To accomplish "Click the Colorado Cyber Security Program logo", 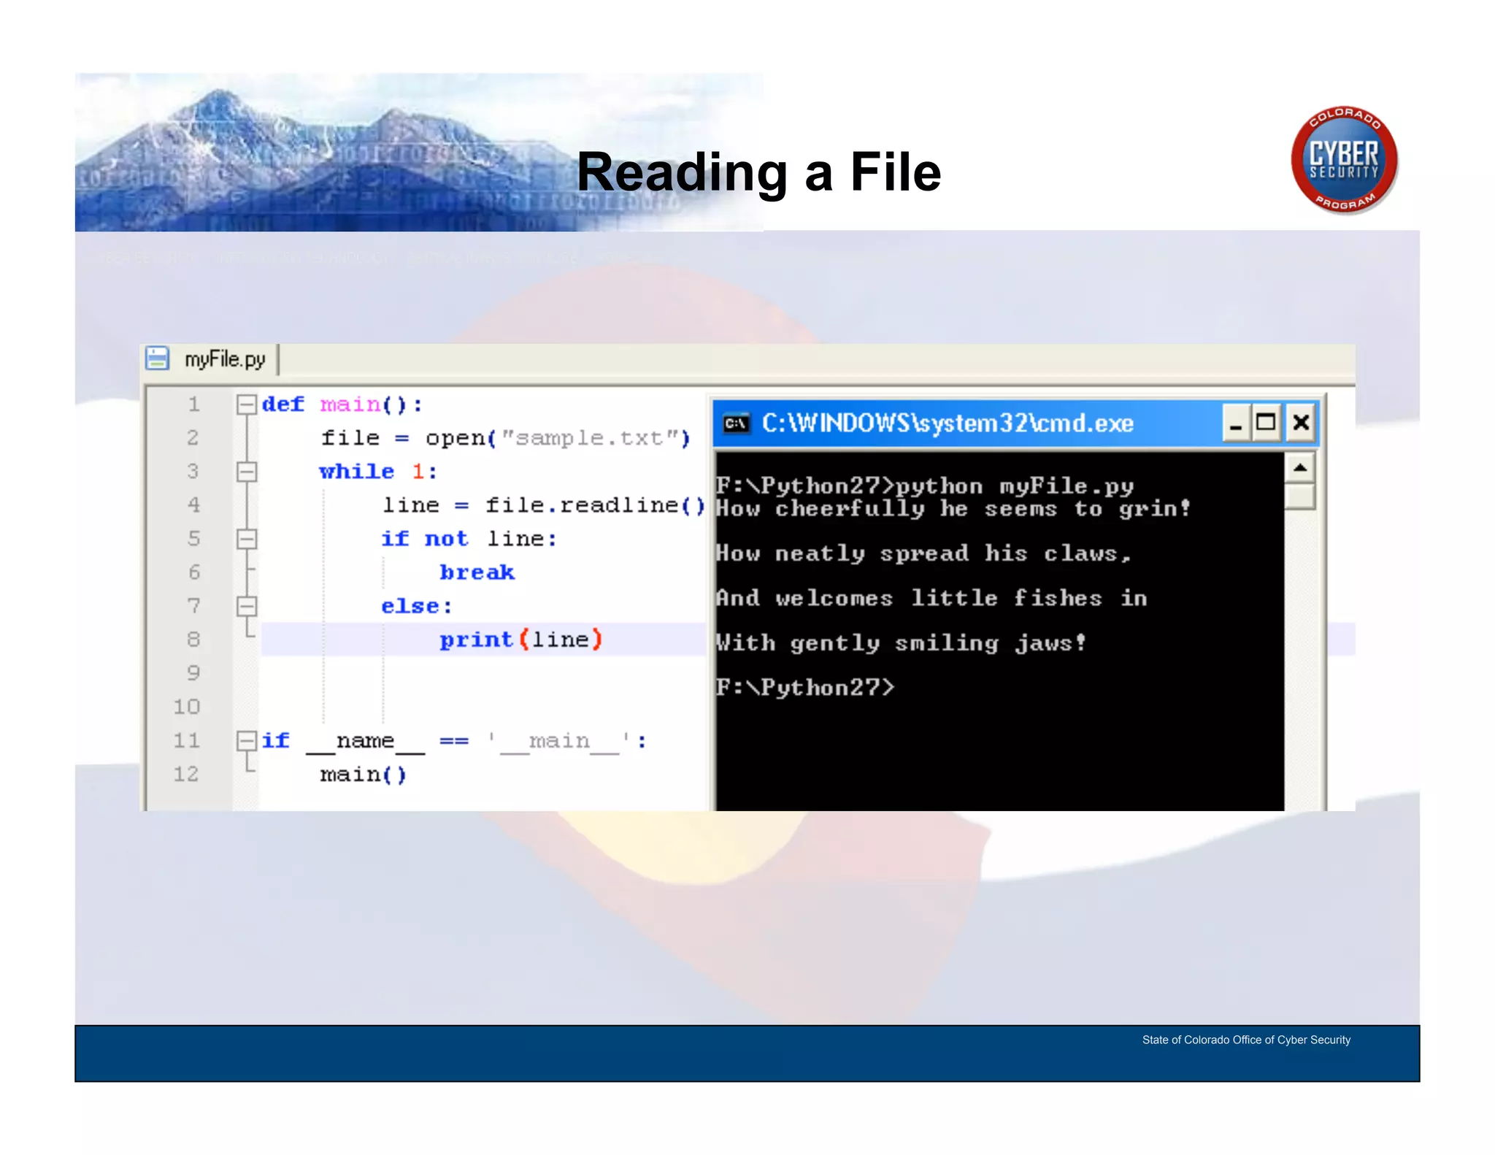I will coord(1344,160).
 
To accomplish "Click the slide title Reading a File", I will coord(758,172).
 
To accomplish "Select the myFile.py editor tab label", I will coord(225,359).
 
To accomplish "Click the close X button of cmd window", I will coord(1301,423).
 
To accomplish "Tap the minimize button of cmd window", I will coord(1235,423).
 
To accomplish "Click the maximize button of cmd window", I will coord(1266,423).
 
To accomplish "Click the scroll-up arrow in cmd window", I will coord(1300,467).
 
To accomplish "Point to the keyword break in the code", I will coord(477,572).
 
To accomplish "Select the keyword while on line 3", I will coord(356,472).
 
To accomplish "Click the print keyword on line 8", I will coord(476,640).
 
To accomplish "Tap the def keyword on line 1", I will coord(283,404).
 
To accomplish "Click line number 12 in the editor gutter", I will coord(186,774).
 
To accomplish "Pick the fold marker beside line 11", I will coord(247,741).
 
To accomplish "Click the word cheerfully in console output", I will coord(850,508).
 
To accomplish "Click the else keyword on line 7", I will coord(416,606).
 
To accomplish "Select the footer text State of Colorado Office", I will coord(1246,1040).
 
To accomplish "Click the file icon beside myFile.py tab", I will coord(157,358).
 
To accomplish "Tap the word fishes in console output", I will coord(1058,598).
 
